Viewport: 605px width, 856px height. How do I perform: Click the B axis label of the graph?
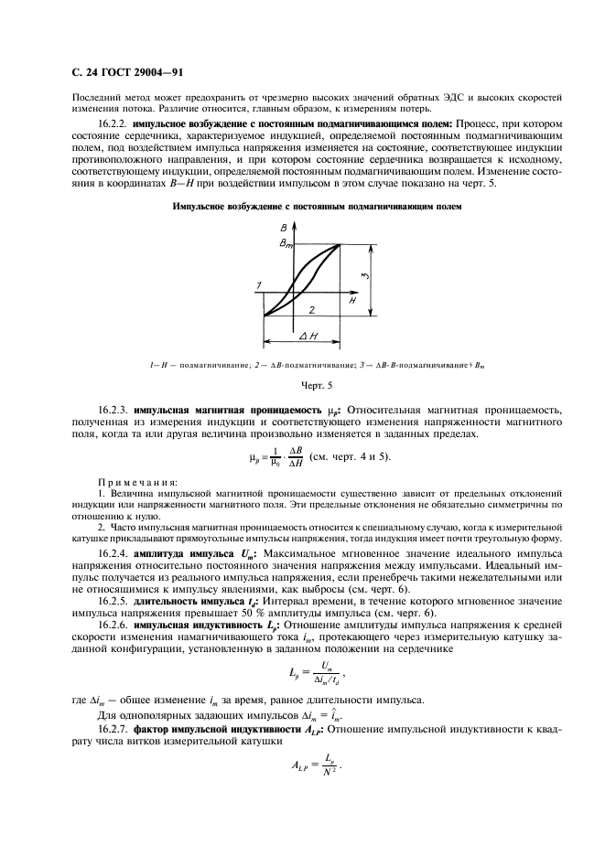(283, 228)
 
